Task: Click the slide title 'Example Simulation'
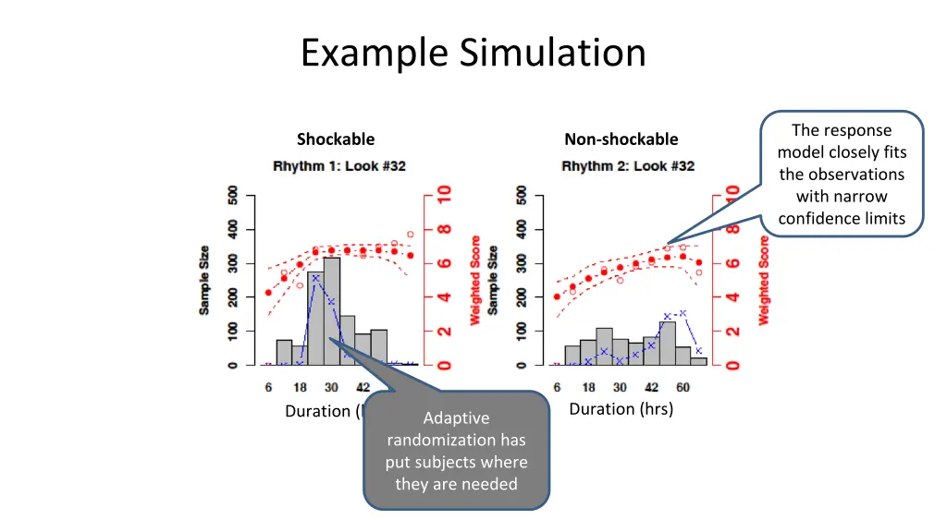coord(473,53)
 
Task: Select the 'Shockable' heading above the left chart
coord(336,139)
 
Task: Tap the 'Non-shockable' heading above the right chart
coord(621,139)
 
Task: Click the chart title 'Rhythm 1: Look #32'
coord(339,166)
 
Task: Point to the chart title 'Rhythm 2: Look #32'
coord(628,166)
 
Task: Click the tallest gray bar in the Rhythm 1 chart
coord(331,314)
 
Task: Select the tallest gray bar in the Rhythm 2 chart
coord(667,344)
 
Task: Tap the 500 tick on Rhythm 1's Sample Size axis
coord(232,196)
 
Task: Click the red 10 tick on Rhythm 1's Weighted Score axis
coord(445,194)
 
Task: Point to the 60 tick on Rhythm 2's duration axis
coord(683,387)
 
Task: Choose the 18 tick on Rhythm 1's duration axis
coord(300,387)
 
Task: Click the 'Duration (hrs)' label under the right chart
coord(621,409)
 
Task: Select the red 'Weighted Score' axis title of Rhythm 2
coord(765,281)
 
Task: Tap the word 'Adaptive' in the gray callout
coord(456,418)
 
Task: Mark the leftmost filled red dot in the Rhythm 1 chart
coord(268,293)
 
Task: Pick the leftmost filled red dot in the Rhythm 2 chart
coord(557,297)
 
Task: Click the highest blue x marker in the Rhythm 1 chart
coord(315,278)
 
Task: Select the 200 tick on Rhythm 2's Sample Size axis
coord(522,297)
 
